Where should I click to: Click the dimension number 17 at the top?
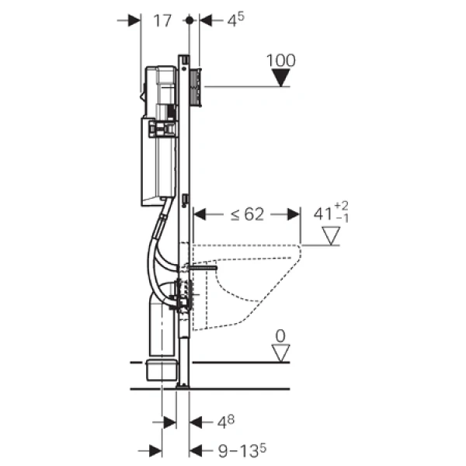click(162, 22)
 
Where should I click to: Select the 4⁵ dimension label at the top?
click(235, 21)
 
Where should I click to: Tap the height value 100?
click(280, 60)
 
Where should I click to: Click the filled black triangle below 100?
click(281, 78)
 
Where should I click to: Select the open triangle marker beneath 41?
click(332, 236)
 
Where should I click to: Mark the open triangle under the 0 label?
click(280, 353)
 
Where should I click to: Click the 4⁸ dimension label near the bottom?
click(224, 423)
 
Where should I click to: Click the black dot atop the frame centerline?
click(189, 22)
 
